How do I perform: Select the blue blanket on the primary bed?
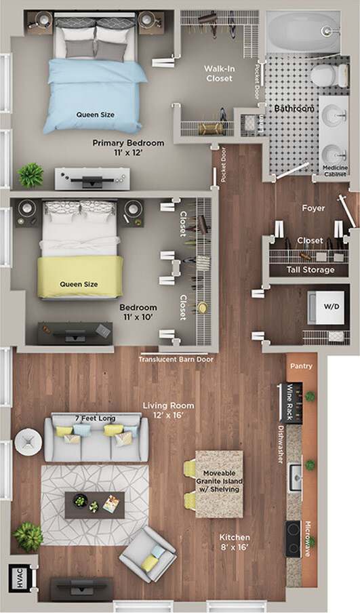(x=95, y=95)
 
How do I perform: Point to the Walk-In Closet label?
(x=218, y=73)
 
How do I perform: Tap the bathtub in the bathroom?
(x=302, y=32)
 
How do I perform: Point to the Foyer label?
(x=313, y=208)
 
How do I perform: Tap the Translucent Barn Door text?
(x=176, y=359)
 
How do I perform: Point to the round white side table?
(x=28, y=441)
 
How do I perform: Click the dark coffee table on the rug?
(x=94, y=505)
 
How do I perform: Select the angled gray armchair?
(x=148, y=554)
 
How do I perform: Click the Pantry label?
(x=301, y=366)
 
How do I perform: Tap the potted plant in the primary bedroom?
(x=31, y=175)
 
